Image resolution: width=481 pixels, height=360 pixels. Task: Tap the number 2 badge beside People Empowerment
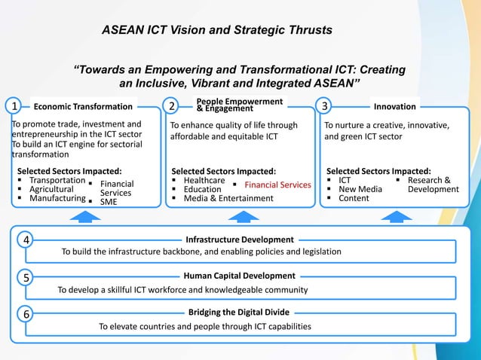coord(173,106)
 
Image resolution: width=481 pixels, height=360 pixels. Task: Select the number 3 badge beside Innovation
coord(325,106)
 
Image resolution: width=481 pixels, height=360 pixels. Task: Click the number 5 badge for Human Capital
coord(26,277)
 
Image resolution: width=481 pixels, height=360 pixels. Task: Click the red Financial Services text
coord(277,185)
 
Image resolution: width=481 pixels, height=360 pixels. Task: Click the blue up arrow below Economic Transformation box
coord(89,216)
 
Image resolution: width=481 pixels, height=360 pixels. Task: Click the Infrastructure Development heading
coord(239,239)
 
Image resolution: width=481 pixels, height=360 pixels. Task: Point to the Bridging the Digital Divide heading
coord(239,312)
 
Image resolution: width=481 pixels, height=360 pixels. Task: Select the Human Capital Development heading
coord(239,276)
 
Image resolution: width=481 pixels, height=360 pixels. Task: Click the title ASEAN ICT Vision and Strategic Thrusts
coord(217,30)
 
